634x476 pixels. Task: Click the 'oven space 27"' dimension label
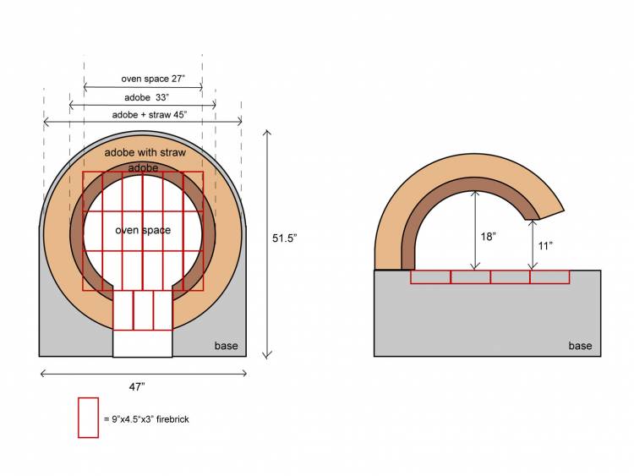coord(153,79)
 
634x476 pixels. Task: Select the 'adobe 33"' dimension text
coord(146,97)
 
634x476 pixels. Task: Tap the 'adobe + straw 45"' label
coord(149,115)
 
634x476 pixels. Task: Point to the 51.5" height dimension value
coord(284,238)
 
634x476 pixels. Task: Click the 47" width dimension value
coord(137,387)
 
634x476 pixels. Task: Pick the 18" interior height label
coord(488,236)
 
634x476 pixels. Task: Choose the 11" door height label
coord(545,245)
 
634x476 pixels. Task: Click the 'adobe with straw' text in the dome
coord(145,152)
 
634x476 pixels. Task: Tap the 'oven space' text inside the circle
coord(143,230)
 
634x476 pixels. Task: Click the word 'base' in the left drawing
coord(226,346)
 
